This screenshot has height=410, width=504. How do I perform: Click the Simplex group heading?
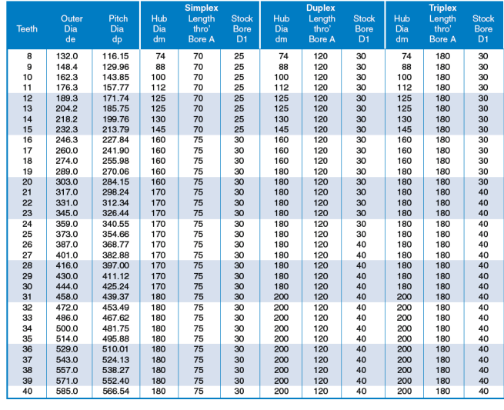201,8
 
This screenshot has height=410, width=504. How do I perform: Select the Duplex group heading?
320,8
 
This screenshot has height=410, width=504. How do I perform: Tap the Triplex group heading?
442,8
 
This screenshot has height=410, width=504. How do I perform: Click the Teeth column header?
27,29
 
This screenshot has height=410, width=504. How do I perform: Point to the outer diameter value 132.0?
67,56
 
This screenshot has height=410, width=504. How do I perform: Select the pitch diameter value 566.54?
115,391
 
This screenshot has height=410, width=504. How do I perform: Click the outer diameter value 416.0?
67,265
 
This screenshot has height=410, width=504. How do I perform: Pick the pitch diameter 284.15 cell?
115,182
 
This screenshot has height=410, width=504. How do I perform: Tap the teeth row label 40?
28,391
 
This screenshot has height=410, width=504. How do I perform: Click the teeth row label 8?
29,56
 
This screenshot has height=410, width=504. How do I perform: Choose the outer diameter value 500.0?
67,328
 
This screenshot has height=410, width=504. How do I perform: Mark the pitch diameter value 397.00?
115,265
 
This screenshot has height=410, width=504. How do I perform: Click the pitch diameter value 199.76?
115,119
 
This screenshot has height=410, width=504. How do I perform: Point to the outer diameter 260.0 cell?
67,150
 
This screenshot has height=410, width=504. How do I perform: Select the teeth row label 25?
28,235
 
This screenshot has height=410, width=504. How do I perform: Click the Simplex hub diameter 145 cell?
159,129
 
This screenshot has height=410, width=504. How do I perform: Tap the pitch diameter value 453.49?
115,308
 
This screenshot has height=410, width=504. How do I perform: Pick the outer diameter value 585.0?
67,391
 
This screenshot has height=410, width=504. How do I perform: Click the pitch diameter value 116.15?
115,56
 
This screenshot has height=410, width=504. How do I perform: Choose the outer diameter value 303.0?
67,182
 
